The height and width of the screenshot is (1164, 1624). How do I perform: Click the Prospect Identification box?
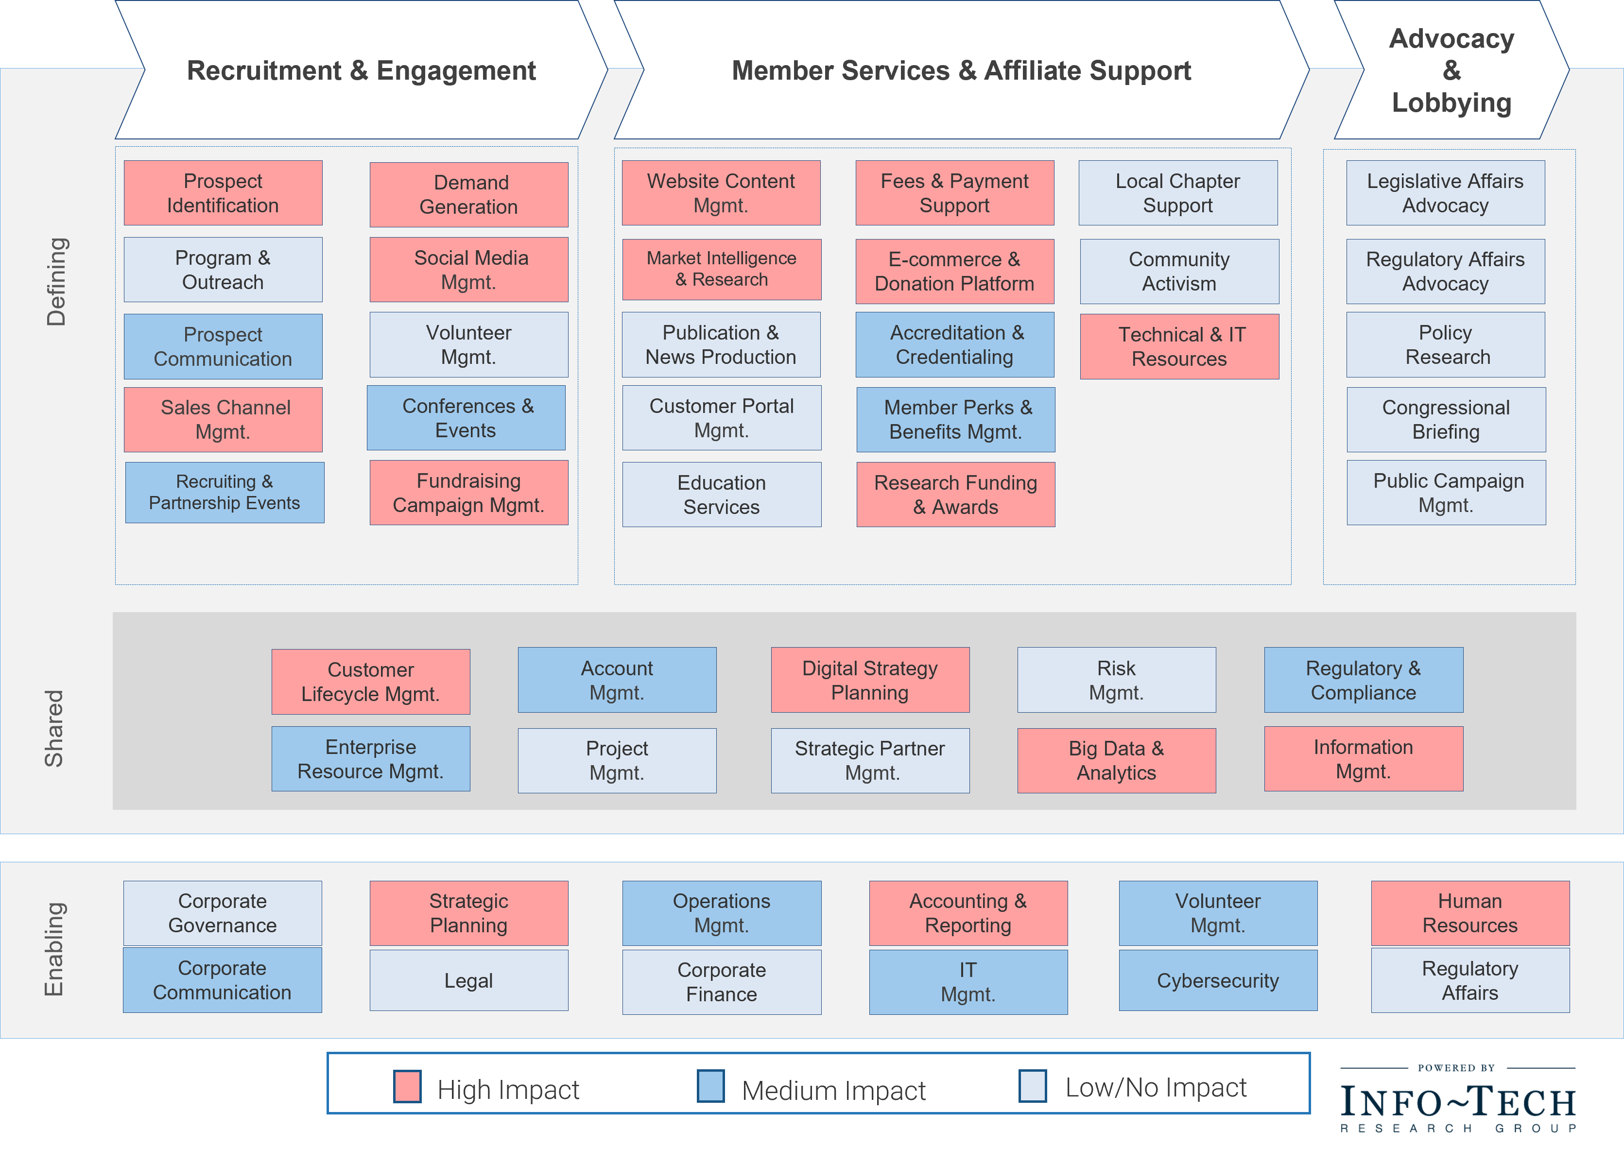223,193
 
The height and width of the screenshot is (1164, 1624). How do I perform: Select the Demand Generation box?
468,195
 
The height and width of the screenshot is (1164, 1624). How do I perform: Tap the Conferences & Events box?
466,418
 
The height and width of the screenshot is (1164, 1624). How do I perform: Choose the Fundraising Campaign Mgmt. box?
468,493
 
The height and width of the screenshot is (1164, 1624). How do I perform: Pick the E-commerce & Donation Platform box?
954,271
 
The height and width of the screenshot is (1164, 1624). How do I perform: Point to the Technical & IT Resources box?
1179,346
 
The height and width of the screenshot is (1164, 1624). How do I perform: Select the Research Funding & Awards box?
955,495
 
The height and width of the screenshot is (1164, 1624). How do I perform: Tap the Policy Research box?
1445,345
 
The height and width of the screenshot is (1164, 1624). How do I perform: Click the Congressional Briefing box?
1446,420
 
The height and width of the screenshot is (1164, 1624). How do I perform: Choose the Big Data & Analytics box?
1116,761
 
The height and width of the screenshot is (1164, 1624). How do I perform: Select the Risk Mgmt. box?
1116,680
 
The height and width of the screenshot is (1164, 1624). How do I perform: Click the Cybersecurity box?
1217,981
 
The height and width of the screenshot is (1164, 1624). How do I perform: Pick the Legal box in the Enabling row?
468,981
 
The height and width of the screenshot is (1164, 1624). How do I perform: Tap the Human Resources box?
1469,913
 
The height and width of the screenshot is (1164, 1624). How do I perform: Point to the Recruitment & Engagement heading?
361,70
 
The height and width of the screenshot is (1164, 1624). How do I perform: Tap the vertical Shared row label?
54,728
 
